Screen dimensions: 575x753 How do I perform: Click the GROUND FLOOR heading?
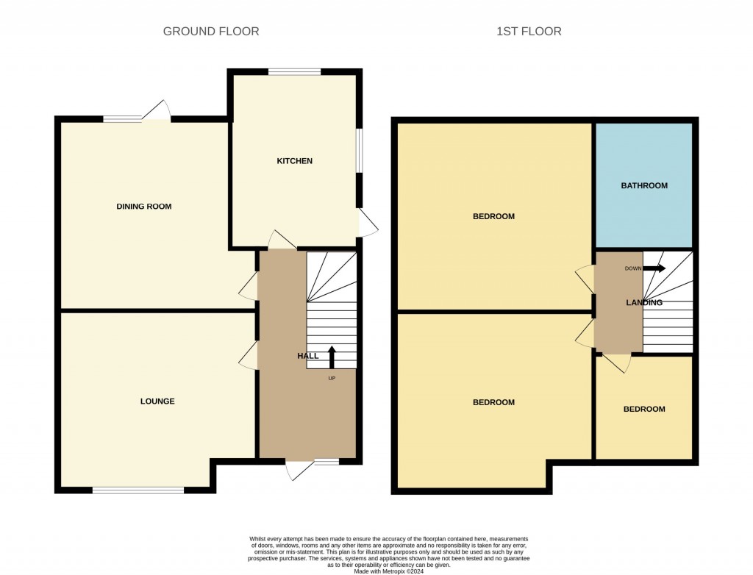[x=211, y=31]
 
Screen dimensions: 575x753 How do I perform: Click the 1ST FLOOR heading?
[x=529, y=31]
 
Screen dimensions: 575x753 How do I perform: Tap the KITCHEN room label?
[x=294, y=161]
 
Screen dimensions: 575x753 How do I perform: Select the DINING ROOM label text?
[x=144, y=207]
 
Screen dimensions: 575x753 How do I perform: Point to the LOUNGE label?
[x=157, y=401]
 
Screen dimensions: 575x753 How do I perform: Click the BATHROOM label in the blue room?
[x=644, y=186]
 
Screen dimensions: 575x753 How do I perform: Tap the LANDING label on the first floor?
[x=644, y=303]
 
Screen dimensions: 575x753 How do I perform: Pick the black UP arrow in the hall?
[x=331, y=357]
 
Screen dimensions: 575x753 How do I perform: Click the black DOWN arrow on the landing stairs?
[x=654, y=268]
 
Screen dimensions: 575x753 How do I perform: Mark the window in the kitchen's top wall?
[x=294, y=71]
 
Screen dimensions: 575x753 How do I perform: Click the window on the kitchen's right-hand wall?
[x=360, y=151]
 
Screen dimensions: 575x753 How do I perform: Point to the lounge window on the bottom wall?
[x=138, y=490]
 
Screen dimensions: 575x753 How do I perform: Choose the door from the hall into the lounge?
[x=249, y=357]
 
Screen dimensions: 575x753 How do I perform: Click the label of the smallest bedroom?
[x=644, y=410]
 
